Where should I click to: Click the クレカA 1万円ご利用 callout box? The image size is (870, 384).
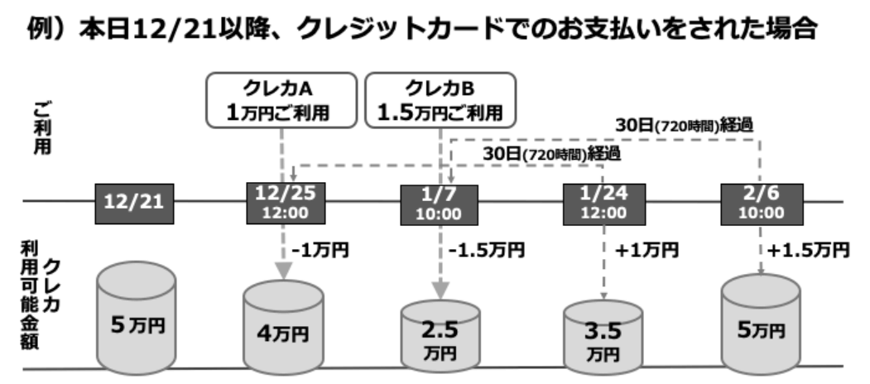281,100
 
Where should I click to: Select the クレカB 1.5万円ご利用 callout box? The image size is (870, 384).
439,100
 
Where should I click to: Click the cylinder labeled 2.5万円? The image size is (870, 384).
439,334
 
